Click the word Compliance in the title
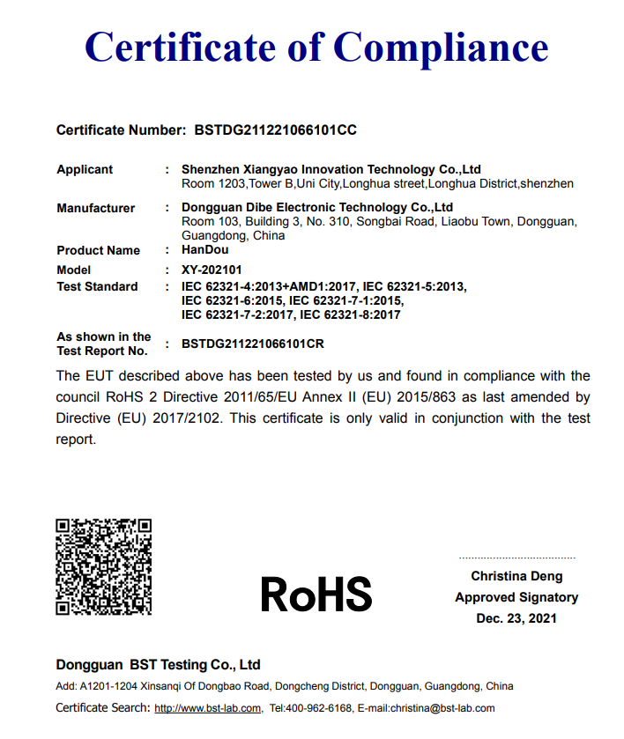pos(441,46)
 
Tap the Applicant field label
pos(85,169)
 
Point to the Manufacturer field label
pos(96,208)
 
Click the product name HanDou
pos(204,250)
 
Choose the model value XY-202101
pos(212,270)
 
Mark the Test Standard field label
pos(97,286)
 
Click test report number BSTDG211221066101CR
pos(259,344)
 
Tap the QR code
pos(104,567)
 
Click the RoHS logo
pos(316,595)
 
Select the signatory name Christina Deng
pos(516,576)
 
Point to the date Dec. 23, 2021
pos(516,618)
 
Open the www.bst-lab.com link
pos(208,708)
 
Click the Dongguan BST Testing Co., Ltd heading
pos(159,665)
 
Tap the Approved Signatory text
pos(516,597)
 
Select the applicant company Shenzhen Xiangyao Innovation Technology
pos(331,169)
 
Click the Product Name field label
pos(98,250)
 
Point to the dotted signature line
pos(516,558)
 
